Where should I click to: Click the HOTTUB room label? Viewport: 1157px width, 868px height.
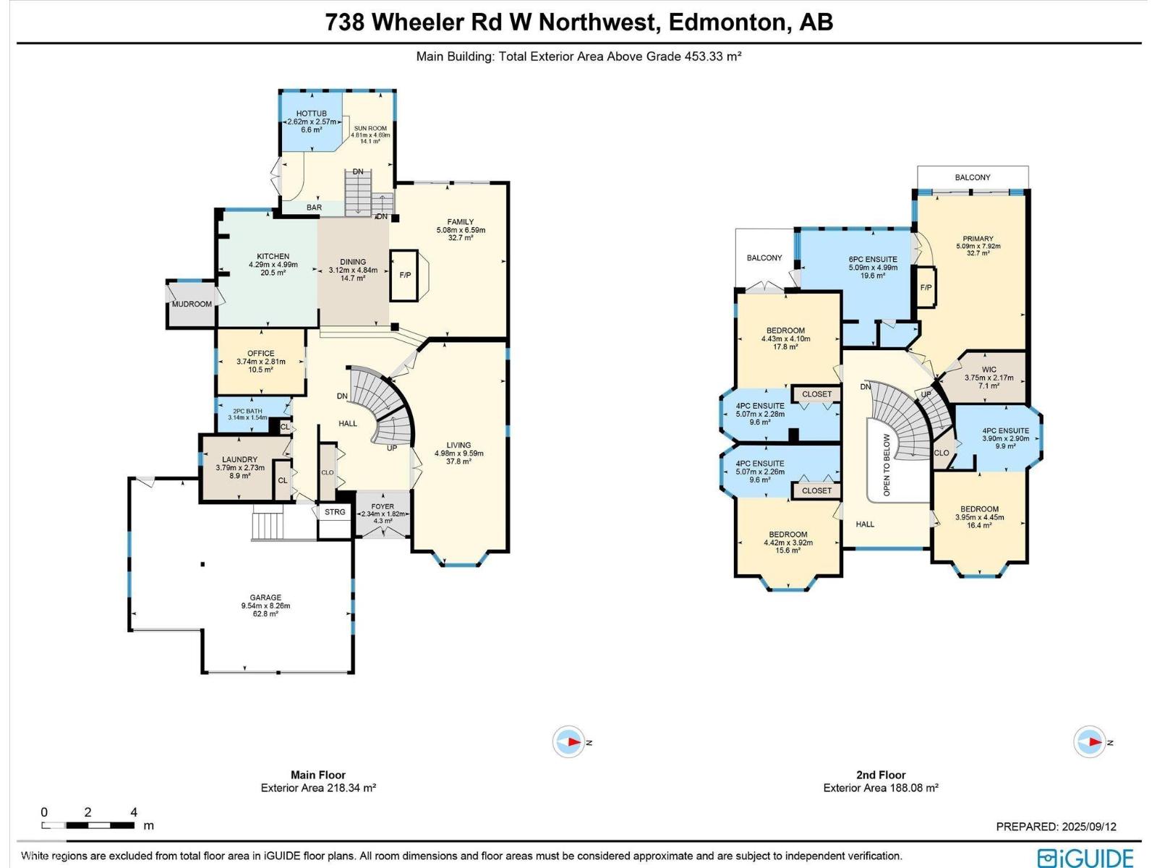coord(311,114)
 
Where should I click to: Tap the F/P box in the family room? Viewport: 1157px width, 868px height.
coord(405,276)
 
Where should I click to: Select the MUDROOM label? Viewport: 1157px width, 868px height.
coord(192,304)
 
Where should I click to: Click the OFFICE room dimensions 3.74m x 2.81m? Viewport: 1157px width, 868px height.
coord(260,362)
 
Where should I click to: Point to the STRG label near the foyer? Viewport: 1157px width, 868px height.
coord(335,512)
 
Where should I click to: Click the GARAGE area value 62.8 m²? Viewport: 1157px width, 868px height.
coord(265,614)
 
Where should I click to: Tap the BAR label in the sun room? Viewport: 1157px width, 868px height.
coord(314,208)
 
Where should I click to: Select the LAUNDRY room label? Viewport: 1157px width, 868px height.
coord(239,459)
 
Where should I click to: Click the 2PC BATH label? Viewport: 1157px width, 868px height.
coord(247,411)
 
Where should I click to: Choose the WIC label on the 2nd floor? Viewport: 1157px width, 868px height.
coord(989,370)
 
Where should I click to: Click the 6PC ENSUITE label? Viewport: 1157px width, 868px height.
coord(873,259)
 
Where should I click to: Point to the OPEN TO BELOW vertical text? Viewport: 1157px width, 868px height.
coord(887,465)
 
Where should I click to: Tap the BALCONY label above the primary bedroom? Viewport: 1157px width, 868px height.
coord(972,177)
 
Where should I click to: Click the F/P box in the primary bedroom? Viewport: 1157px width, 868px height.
coord(926,288)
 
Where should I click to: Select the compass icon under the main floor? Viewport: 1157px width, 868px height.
coord(569,742)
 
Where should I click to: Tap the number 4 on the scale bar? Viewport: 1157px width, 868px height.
coord(134,812)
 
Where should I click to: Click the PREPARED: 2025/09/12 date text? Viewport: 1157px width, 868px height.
coord(1056,827)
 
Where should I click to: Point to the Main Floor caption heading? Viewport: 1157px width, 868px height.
coord(318,775)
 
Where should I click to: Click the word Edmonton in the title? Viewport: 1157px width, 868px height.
coord(726,22)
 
